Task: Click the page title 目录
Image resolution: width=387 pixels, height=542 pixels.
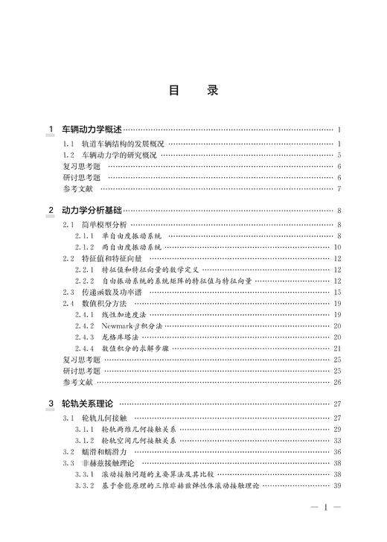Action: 193,92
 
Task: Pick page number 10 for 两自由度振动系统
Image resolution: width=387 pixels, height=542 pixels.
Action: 336,247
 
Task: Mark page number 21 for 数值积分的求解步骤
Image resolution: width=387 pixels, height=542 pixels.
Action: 336,348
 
